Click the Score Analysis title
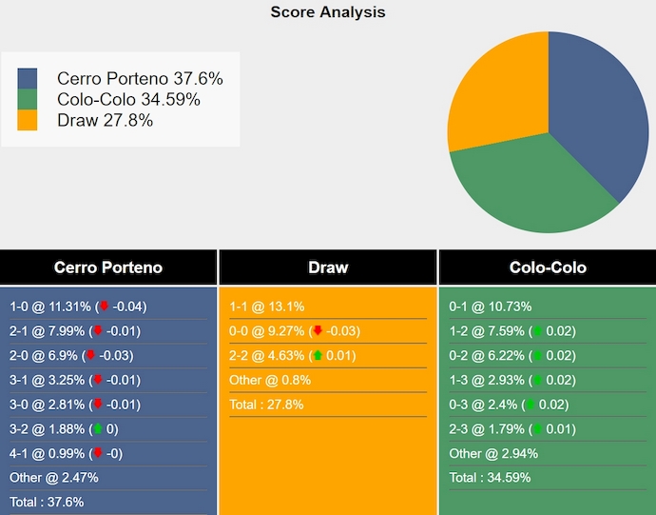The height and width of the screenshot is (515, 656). pos(328,12)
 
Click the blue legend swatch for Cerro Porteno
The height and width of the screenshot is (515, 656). pos(28,79)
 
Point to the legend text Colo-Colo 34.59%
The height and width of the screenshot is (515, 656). pos(128,100)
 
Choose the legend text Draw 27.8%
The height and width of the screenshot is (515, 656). pos(105,121)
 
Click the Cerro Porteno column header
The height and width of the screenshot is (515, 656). pos(108,267)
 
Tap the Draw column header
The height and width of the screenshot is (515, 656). pos(328,267)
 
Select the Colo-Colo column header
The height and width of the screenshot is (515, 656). pos(548,267)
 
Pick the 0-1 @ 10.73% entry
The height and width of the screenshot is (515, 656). pos(490,307)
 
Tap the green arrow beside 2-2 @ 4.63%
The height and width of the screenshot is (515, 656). pos(316,356)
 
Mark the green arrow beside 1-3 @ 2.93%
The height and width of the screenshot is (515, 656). pos(535,381)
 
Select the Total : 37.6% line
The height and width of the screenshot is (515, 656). pos(47,502)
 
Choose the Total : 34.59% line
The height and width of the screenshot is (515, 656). pos(490,478)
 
